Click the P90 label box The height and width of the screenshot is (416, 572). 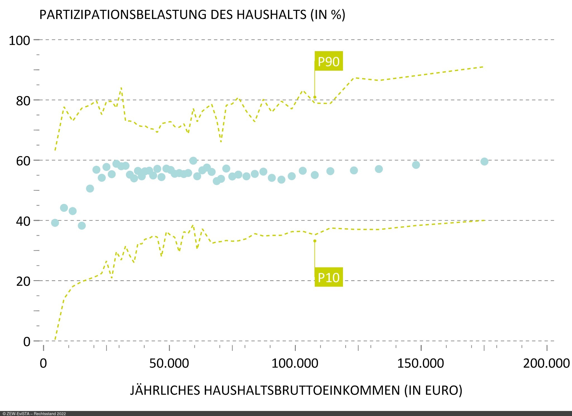pyautogui.click(x=328, y=61)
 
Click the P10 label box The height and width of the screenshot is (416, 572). pyautogui.click(x=328, y=277)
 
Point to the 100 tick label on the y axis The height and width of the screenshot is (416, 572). pyautogui.click(x=19, y=41)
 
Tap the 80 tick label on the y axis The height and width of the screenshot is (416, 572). pyautogui.click(x=23, y=101)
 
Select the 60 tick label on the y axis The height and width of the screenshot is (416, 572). pyautogui.click(x=23, y=161)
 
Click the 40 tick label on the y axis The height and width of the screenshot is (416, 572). pyautogui.click(x=23, y=221)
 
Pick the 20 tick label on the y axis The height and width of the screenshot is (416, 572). pyautogui.click(x=23, y=281)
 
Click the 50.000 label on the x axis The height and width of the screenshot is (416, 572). pyautogui.click(x=169, y=363)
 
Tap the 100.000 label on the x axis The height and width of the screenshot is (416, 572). pyautogui.click(x=295, y=363)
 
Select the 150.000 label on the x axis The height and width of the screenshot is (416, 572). pyautogui.click(x=420, y=363)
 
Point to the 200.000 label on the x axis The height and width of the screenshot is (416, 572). pyautogui.click(x=546, y=363)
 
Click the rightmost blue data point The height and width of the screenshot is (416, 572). pyautogui.click(x=484, y=161)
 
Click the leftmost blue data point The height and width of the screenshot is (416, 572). pyautogui.click(x=55, y=223)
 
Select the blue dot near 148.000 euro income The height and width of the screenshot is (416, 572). pyautogui.click(x=416, y=165)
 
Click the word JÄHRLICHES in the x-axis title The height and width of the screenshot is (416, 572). pyautogui.click(x=165, y=390)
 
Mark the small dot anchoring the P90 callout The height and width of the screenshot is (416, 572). pyautogui.click(x=315, y=97)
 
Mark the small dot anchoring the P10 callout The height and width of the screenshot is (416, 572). pyautogui.click(x=315, y=241)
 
